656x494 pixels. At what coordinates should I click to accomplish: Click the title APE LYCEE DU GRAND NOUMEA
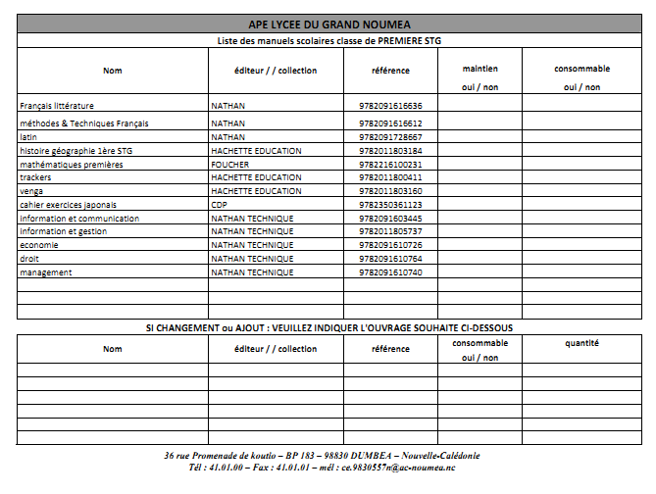[x=328, y=24]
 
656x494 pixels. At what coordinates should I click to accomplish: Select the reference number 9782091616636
[x=383, y=105]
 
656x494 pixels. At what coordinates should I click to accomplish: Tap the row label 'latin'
[x=28, y=137]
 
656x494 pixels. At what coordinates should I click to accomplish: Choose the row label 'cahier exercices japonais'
[x=61, y=205]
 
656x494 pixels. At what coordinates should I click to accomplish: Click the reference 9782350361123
[x=383, y=205]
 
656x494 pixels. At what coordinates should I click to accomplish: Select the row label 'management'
[x=46, y=272]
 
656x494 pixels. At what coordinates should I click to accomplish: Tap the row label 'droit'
[x=29, y=259]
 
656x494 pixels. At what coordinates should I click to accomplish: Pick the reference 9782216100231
[x=383, y=165]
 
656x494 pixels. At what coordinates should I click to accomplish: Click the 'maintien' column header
[x=479, y=70]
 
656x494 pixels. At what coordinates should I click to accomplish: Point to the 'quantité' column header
[x=582, y=343]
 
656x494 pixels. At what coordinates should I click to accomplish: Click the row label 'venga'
[x=31, y=191]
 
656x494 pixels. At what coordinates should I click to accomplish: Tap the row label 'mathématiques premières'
[x=72, y=165]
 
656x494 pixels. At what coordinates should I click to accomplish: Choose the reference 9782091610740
[x=383, y=272]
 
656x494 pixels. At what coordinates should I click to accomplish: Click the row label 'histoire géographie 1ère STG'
[x=76, y=151]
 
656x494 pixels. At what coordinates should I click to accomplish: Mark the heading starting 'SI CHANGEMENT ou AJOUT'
[x=328, y=327]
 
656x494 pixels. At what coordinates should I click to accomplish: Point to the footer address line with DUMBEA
[x=323, y=456]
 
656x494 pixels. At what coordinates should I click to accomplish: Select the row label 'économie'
[x=39, y=245]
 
